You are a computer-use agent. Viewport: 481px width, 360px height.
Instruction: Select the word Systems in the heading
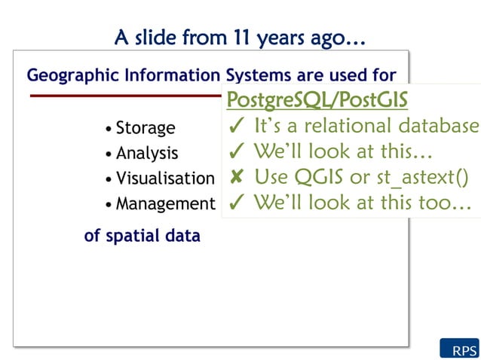coord(255,75)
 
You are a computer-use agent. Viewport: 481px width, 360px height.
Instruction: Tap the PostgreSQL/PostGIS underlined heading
coord(317,99)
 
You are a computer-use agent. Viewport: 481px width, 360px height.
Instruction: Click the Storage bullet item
coord(145,128)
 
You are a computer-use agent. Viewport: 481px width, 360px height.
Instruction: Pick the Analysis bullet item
coord(146,154)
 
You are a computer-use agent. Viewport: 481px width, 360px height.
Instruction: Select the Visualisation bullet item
coord(164,178)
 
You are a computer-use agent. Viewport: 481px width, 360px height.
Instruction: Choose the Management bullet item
coord(164,203)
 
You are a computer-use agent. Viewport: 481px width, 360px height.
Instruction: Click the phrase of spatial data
coord(142,236)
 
